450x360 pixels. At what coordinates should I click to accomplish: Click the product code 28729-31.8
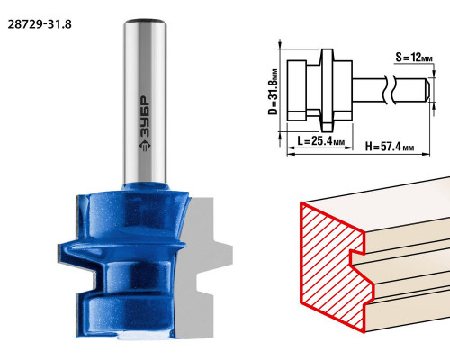(40, 24)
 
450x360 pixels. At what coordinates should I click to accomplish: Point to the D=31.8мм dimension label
(273, 92)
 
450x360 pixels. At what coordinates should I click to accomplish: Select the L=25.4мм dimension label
(320, 140)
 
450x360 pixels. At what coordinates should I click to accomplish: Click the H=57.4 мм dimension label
(390, 147)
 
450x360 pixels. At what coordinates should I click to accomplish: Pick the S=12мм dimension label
(414, 57)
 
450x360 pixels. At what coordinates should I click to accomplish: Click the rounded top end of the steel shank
(145, 22)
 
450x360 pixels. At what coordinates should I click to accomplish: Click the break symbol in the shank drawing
(390, 90)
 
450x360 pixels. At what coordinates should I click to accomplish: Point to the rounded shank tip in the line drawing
(427, 90)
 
